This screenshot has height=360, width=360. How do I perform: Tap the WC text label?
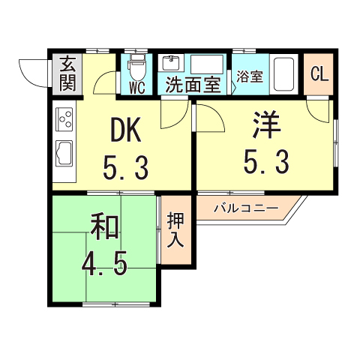pyautogui.click(x=136, y=87)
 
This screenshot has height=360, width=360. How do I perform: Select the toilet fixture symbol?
pyautogui.click(x=136, y=69)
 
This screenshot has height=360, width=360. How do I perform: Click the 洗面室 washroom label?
pyautogui.click(x=193, y=85)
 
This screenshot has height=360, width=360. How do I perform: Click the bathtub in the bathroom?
pyautogui.click(x=283, y=73)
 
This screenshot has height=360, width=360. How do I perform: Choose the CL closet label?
pyautogui.click(x=319, y=74)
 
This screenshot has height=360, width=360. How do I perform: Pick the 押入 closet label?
pyautogui.click(x=175, y=230)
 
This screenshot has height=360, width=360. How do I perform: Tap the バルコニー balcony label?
pyautogui.click(x=245, y=207)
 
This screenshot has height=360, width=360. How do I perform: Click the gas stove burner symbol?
pyautogui.click(x=63, y=118)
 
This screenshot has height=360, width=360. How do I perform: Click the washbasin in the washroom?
pyautogui.click(x=170, y=64)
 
